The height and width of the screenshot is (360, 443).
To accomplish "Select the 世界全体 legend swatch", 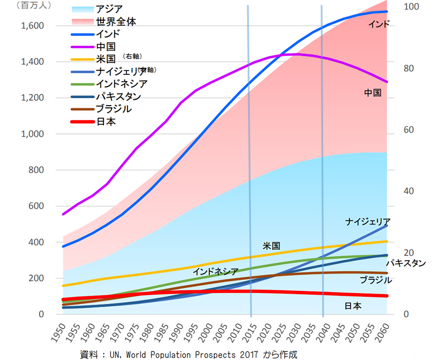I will coord(82,22).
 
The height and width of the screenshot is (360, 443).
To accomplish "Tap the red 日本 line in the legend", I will coord(82,122).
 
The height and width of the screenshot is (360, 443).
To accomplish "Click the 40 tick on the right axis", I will coord(409,191).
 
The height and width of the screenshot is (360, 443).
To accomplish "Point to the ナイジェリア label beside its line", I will coord(368,221).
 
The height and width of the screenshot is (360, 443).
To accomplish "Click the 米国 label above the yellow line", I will coord(271,246).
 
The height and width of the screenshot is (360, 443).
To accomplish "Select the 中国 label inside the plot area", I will coord(373,93).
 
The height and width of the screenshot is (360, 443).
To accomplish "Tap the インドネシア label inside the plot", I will coord(215,271).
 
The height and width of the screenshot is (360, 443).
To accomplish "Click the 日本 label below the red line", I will coord(353,306).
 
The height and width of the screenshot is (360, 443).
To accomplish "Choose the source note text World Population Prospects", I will coord(197,354).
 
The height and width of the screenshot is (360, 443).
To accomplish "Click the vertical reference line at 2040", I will coord(322,159).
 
